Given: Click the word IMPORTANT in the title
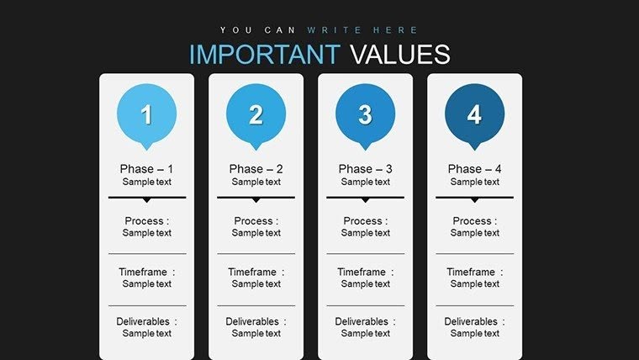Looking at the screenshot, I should (x=264, y=54).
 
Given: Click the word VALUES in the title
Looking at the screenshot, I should (x=399, y=54).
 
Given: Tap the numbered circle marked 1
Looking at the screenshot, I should (x=147, y=114).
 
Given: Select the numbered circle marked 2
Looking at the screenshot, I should (x=256, y=114).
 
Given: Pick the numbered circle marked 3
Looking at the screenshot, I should (x=365, y=114).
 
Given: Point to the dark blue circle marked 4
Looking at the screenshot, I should (x=474, y=114).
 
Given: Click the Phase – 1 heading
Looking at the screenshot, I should (x=147, y=169).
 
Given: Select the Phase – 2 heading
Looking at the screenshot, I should (x=256, y=169).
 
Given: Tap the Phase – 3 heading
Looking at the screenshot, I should (x=365, y=169).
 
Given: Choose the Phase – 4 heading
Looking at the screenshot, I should (x=474, y=169).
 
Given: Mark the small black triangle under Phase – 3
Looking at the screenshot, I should (x=365, y=200).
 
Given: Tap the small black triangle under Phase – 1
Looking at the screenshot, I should (x=147, y=200).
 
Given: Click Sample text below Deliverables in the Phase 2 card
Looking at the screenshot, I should (x=256, y=333).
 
